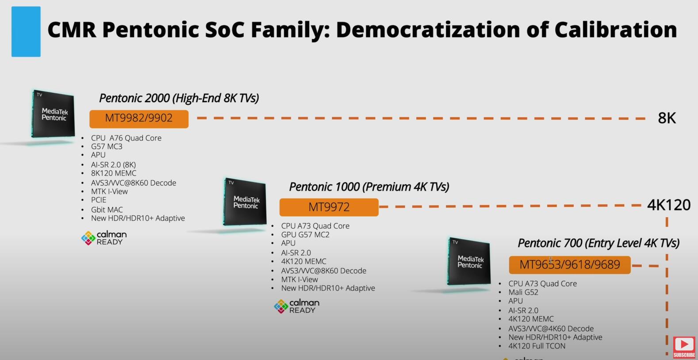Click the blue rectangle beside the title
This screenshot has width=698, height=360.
pos(26,31)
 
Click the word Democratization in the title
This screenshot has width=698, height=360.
pos(428,30)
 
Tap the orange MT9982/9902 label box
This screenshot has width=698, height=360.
pos(139,119)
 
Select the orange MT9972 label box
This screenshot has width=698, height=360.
pos(329,207)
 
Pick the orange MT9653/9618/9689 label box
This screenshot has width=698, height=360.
pos(570,265)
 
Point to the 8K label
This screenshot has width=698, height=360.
pos(667,119)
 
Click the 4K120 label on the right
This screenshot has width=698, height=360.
pos(669,205)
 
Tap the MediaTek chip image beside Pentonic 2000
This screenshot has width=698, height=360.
pos(53,115)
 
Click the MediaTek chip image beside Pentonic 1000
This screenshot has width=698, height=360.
pos(245,202)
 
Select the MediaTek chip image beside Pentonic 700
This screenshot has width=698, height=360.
pos(469,261)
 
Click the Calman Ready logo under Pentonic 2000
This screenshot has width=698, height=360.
pos(104,238)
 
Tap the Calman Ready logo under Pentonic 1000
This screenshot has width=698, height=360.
pos(296,306)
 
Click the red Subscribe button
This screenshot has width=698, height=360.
pos(684,347)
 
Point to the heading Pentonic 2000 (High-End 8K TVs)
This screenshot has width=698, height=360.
pos(179,98)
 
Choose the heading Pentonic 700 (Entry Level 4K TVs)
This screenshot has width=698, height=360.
pos(598,243)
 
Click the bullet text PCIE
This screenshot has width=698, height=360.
pos(99,200)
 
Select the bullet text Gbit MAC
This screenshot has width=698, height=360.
pos(107,210)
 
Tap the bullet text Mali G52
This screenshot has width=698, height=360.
pos(523,292)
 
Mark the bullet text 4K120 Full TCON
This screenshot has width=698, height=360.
pos(537,346)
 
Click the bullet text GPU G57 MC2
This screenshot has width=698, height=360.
pos(305,235)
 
